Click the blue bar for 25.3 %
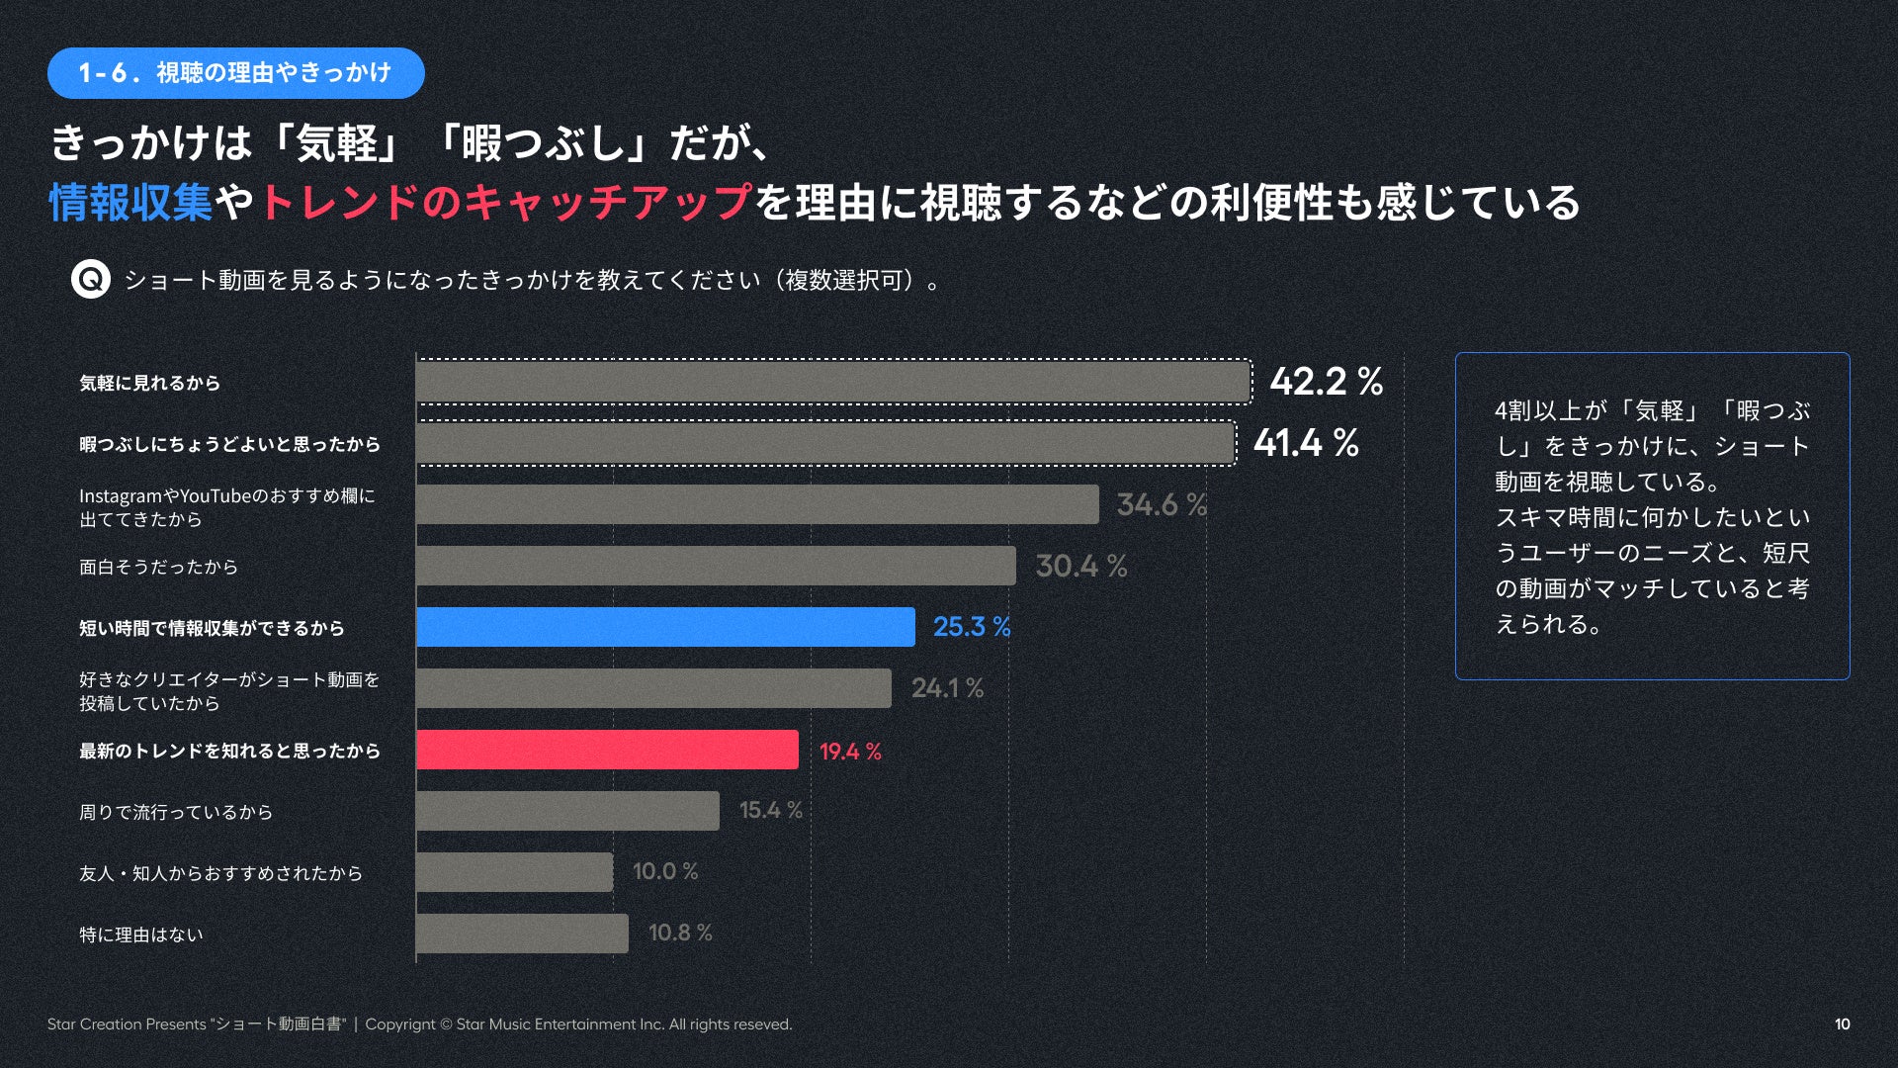coord(665,627)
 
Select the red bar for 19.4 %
coord(607,750)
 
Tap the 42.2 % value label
coord(1326,382)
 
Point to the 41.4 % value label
coord(1306,443)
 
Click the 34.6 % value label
coord(1162,504)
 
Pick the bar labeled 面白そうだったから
coord(716,566)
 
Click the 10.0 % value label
coord(665,871)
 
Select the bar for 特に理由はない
coord(522,934)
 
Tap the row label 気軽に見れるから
coord(149,383)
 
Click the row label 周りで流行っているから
coord(176,812)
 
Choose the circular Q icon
coord(91,280)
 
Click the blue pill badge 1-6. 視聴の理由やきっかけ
coord(235,73)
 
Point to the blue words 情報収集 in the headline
coord(130,203)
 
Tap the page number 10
coord(1842,1024)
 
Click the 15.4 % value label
coord(770,810)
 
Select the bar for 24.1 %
coord(653,688)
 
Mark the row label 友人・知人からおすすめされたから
coord(220,873)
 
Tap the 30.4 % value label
coord(1080,566)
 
